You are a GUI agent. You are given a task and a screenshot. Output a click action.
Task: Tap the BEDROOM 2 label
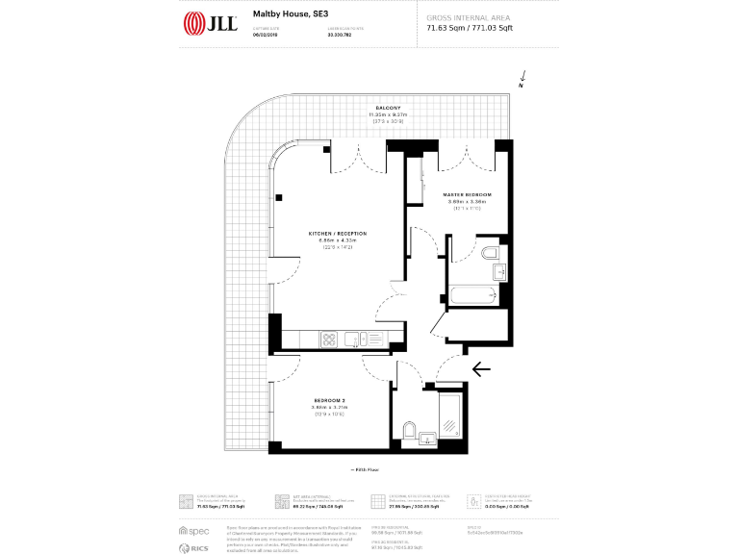pyautogui.click(x=328, y=400)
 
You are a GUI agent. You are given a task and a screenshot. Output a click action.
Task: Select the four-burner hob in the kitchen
pyautogui.click(x=328, y=339)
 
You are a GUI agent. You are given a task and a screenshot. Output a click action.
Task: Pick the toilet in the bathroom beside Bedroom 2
pyautogui.click(x=410, y=430)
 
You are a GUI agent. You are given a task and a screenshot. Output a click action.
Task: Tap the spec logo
pyautogui.click(x=194, y=531)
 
